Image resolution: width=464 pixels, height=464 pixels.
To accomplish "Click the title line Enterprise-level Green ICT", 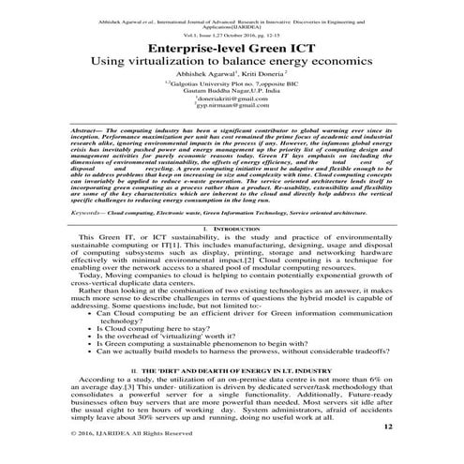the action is tap(232, 44).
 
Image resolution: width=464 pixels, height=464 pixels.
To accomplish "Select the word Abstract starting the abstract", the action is tap(88, 153).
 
